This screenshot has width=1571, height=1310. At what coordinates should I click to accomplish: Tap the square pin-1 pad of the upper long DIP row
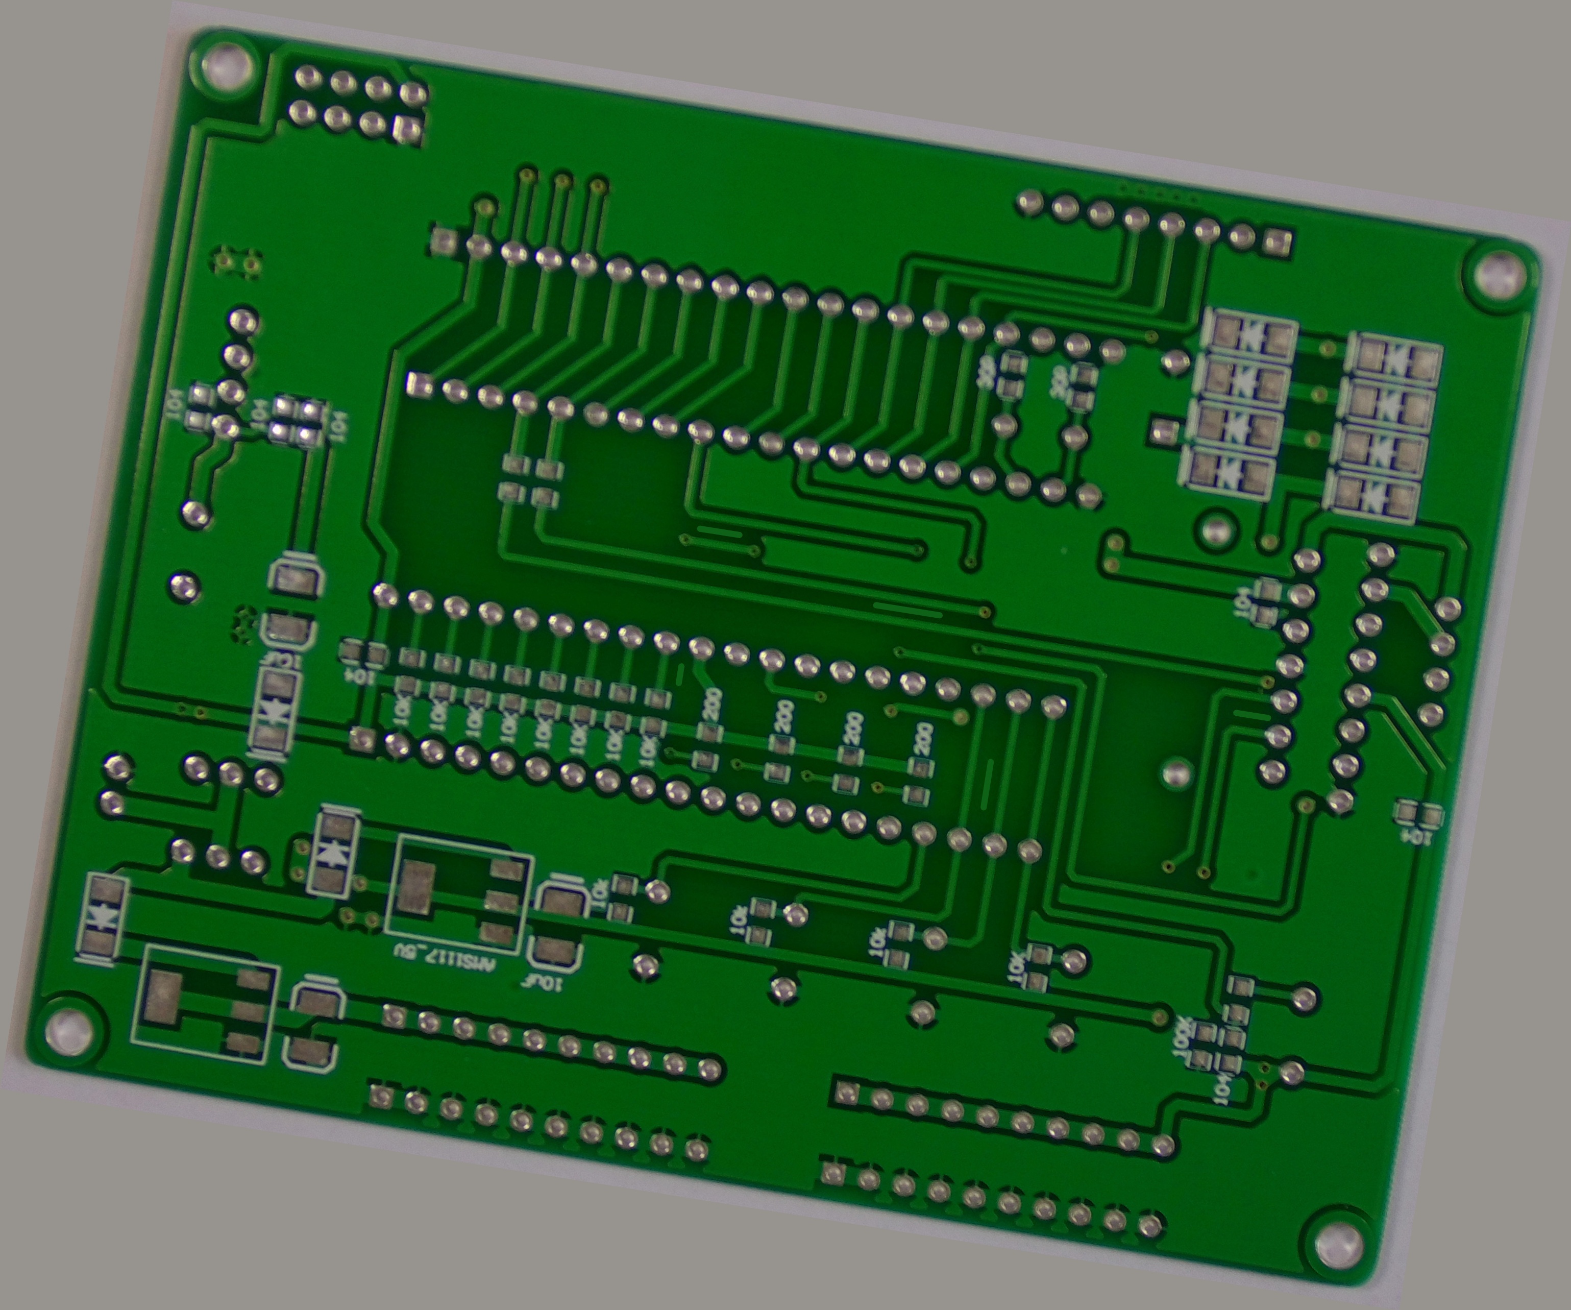[x=443, y=241]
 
